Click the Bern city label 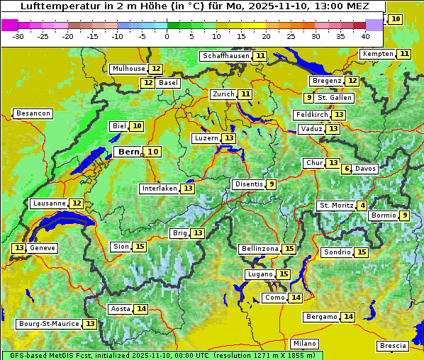pos(129,152)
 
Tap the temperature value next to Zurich pos(245,94)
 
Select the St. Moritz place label pos(336,206)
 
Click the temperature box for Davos pos(347,169)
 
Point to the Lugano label pos(259,274)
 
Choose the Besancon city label pos(33,113)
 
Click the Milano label pos(305,343)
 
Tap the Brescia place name pos(393,346)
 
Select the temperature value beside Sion pos(140,247)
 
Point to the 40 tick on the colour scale pos(365,35)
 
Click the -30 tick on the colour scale pos(18,35)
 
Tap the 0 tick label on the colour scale pos(167,35)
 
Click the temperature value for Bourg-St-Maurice pos(90,324)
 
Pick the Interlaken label pos(159,189)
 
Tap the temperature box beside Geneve pos(18,248)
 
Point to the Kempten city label pos(377,54)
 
